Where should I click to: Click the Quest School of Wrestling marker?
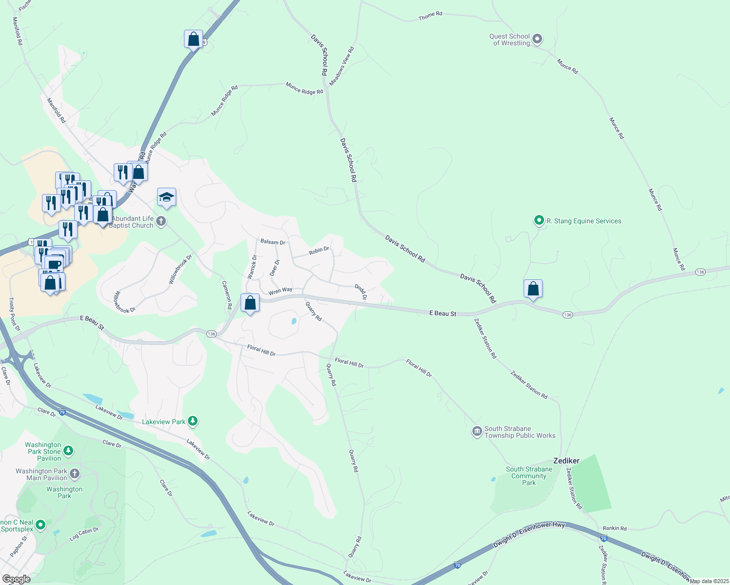coord(537,39)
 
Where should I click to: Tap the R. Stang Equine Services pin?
coord(539,221)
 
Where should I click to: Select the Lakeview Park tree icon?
coord(193,421)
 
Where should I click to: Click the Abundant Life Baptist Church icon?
coord(161,222)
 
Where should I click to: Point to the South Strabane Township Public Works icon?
coord(477,432)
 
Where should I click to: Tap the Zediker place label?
coord(566,461)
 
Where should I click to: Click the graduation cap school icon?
coord(166,197)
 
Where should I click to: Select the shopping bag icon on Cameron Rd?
coord(250,303)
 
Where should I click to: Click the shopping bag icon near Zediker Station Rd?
coord(533,289)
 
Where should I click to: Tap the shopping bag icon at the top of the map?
coord(193,39)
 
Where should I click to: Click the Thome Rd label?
coord(430,16)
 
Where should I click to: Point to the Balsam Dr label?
coord(273,242)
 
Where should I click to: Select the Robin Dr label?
coord(319,251)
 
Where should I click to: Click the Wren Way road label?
coord(281,291)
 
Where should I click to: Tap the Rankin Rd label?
coord(614,528)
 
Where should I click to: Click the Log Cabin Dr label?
coord(84,534)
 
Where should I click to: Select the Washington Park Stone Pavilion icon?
coord(68,451)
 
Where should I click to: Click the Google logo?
coord(16,579)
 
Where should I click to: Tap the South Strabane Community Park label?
coord(529,476)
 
